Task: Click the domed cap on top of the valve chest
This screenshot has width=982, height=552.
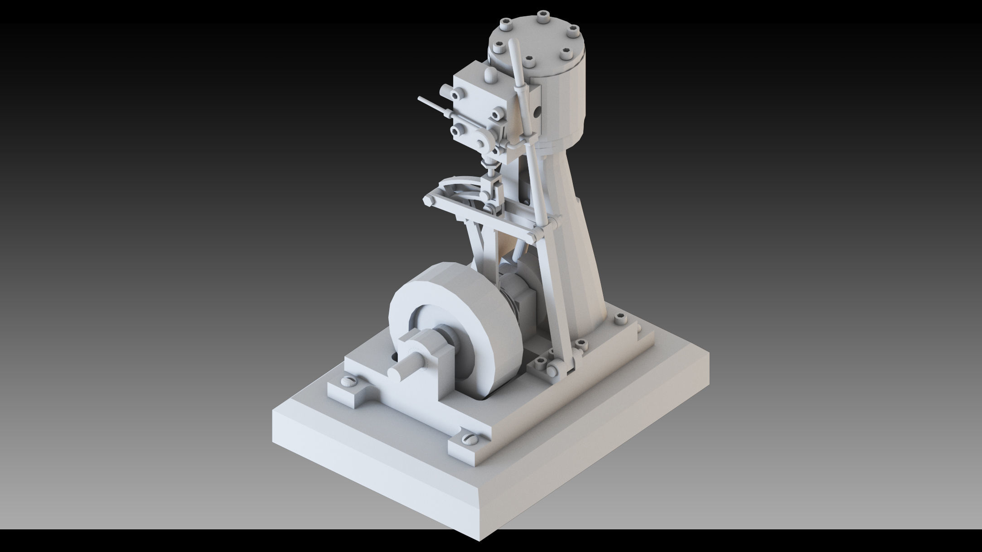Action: [x=491, y=74]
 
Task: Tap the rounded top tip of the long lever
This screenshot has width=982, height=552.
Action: [x=513, y=44]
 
